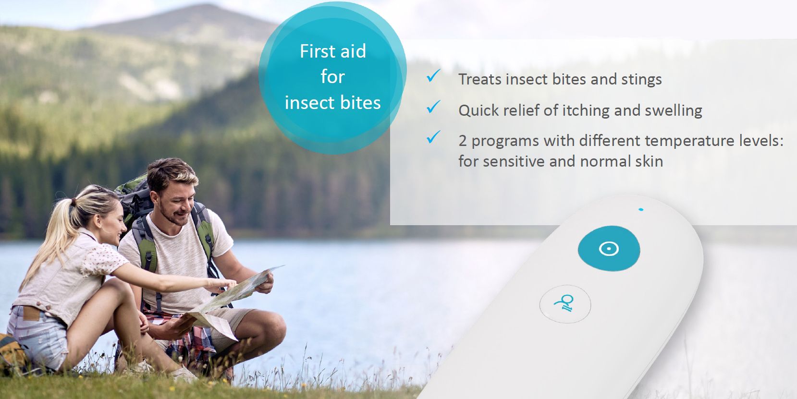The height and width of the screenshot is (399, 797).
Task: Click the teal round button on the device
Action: [x=609, y=249]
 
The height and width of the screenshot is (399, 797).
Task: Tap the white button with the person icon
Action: [x=565, y=304]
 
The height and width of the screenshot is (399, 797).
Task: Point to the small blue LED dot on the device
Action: [x=641, y=209]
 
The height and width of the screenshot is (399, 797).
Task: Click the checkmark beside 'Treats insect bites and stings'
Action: [x=433, y=76]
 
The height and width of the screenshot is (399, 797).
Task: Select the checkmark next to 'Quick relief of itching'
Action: [x=433, y=107]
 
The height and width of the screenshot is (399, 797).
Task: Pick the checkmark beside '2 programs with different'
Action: [x=433, y=137]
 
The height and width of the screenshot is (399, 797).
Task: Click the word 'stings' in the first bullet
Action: [x=641, y=79]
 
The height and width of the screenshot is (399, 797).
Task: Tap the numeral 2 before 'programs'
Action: [x=463, y=141]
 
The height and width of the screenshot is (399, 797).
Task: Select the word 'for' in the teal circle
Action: [x=332, y=77]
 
